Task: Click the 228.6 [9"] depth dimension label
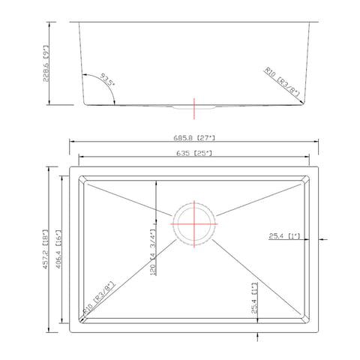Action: (49, 64)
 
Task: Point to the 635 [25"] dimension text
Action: (193, 154)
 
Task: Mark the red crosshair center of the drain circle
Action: (195, 224)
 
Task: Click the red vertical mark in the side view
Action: (195, 107)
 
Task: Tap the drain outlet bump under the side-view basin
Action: (194, 109)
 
